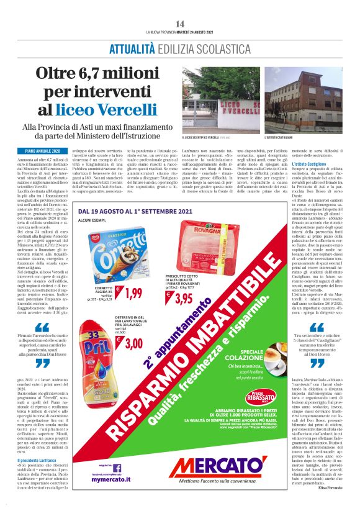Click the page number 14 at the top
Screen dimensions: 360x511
(x=179, y=23)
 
